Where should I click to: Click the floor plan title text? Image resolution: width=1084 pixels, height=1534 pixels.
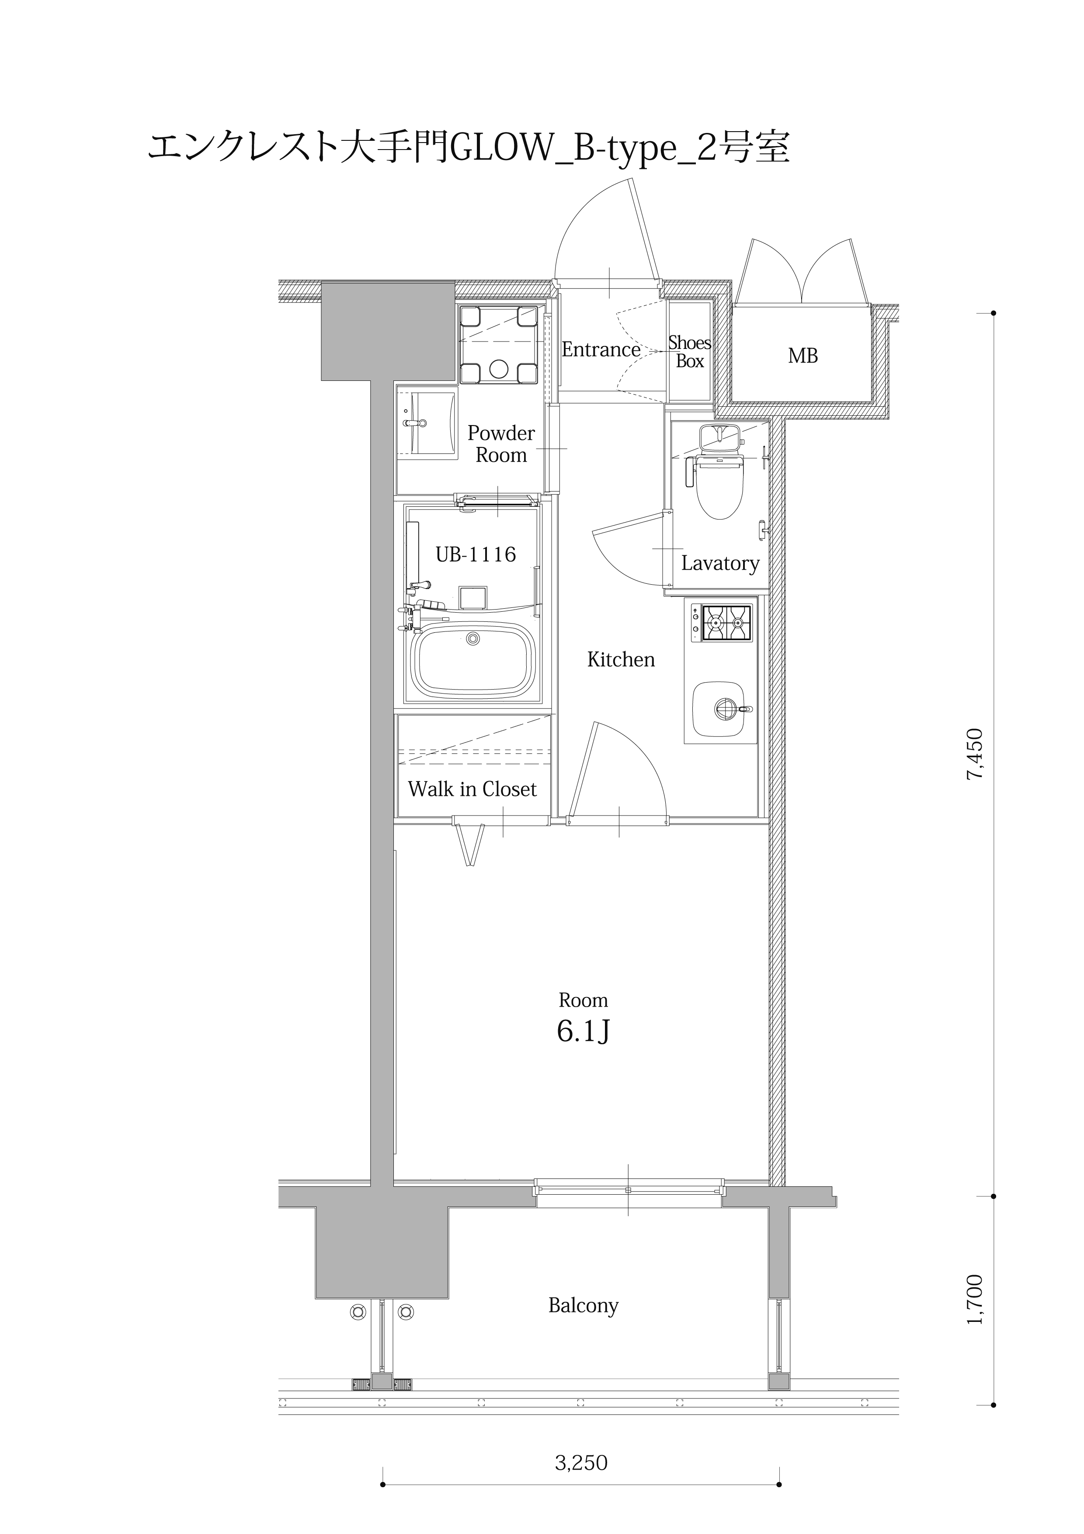point(468,148)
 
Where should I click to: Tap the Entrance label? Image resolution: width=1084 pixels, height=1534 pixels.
point(601,349)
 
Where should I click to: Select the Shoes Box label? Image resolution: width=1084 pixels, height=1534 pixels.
point(690,352)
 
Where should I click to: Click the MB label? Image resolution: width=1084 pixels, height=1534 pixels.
point(803,356)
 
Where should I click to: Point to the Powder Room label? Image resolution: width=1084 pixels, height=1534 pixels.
point(501,444)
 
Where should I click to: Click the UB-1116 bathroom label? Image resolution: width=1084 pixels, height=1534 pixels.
point(476,554)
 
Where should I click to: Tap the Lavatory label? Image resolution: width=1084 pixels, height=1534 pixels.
point(720,563)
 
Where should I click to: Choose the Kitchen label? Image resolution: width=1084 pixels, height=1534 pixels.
point(621,659)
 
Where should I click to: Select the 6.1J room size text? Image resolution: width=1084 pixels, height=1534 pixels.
point(583,1032)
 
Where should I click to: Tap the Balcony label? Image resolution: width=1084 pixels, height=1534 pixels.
point(583,1305)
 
